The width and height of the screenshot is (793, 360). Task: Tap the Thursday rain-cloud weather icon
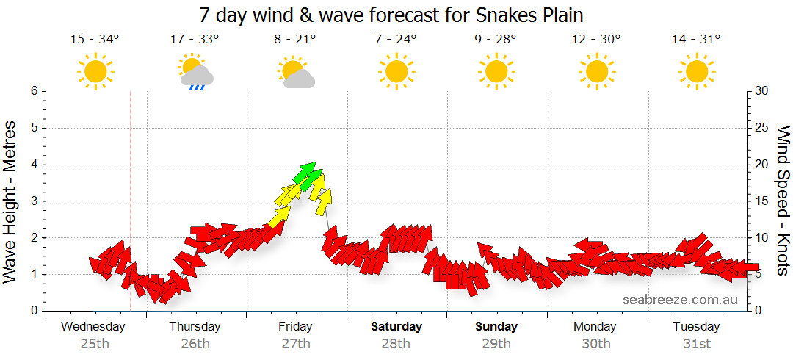(195, 72)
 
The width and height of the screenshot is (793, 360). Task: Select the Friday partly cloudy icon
(296, 73)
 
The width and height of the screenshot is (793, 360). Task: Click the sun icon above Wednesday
(95, 72)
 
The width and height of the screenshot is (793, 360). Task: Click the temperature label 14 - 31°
(696, 40)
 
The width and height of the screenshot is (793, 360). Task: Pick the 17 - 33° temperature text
(195, 40)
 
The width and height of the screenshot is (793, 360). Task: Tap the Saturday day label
(396, 326)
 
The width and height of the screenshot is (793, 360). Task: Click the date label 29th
(496, 343)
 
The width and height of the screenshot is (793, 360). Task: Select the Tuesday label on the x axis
(696, 326)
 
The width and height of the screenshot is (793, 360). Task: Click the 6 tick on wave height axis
(34, 91)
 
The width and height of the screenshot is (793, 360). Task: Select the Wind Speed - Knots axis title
(783, 201)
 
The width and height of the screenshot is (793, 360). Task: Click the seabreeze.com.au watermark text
(680, 300)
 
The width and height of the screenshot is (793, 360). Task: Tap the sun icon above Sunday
(496, 72)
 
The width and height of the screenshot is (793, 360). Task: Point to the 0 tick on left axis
(34, 311)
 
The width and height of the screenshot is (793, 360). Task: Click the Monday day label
(595, 326)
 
